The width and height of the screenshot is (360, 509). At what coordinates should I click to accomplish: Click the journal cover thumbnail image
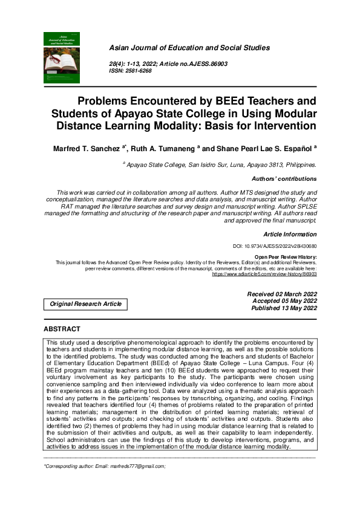[x=61, y=57]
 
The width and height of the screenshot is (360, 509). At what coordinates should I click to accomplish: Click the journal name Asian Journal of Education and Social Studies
[x=189, y=48]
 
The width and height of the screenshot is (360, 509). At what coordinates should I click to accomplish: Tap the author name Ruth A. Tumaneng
[x=166, y=147]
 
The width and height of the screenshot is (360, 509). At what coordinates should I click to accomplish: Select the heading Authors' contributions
[x=284, y=179]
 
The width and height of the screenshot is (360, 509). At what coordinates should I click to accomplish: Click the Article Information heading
[x=290, y=233]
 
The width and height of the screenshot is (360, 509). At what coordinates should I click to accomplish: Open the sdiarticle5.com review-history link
[x=264, y=274]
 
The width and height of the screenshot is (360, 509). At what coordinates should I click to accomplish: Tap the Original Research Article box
[x=85, y=304]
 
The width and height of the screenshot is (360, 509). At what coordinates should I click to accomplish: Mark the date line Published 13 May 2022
[x=283, y=308]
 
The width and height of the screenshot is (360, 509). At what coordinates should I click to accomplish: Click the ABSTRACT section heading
[x=62, y=329]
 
